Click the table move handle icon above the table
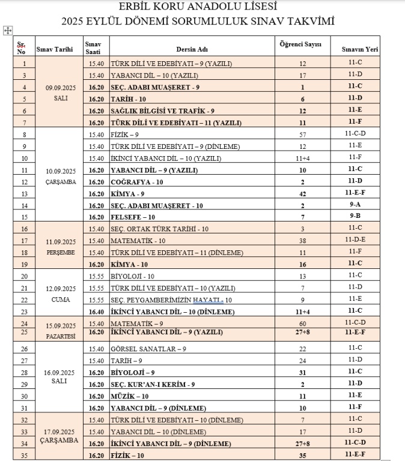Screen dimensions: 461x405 point(7,29)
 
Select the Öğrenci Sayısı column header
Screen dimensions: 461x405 point(301,45)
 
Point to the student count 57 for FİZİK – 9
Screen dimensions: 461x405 point(302,135)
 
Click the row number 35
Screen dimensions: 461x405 point(24,456)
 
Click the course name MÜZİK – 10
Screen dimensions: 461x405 point(130,396)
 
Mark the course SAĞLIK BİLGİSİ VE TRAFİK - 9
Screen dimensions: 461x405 point(163,111)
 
